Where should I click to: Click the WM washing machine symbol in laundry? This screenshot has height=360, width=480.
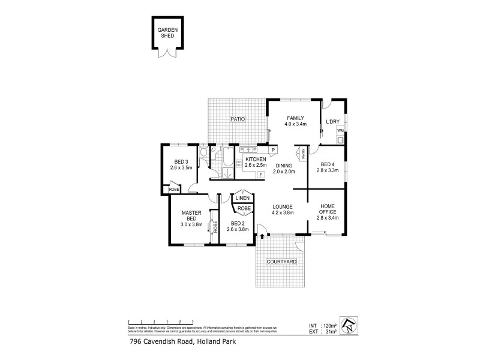340,130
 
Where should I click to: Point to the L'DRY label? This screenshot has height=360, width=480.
332,122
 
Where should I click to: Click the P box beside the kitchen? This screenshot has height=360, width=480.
272,149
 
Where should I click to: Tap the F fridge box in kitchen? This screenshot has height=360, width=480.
261,175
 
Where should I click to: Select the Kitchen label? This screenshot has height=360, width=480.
255,159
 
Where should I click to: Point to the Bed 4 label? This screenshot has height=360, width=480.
327,164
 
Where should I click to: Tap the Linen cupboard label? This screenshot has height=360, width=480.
242,197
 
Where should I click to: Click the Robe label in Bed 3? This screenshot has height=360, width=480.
173,190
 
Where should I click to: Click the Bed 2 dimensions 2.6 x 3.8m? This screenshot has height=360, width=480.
238,229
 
